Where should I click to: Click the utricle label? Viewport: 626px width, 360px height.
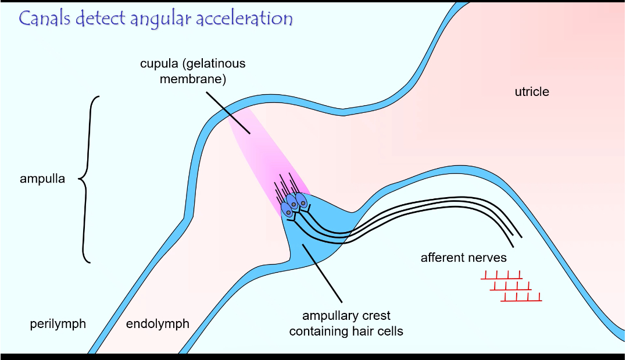(x=531, y=92)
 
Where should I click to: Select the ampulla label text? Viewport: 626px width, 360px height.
(x=42, y=179)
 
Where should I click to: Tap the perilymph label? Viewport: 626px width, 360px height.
(x=58, y=324)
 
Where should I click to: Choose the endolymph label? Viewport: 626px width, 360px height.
(x=158, y=324)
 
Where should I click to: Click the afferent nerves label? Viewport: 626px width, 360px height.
(x=464, y=258)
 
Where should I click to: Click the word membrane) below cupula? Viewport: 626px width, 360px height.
(x=192, y=79)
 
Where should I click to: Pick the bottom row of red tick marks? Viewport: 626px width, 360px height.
(x=521, y=297)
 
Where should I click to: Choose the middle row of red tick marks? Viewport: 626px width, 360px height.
(x=510, y=286)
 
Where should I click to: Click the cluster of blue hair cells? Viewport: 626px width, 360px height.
(x=294, y=204)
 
